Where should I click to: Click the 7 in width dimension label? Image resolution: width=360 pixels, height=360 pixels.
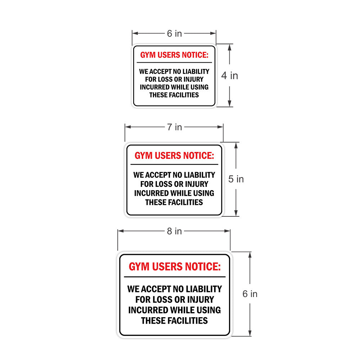point(175,127)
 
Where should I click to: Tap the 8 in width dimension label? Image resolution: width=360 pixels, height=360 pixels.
point(175,231)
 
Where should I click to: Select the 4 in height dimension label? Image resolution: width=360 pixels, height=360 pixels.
point(230,76)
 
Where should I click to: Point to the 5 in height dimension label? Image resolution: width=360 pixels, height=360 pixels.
point(236,179)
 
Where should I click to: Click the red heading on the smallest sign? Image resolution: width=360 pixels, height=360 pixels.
point(174,55)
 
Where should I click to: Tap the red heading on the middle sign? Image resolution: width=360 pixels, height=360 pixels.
point(174,156)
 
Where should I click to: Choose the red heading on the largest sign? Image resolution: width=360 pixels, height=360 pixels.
point(175,266)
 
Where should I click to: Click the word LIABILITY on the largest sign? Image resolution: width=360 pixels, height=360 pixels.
point(204,289)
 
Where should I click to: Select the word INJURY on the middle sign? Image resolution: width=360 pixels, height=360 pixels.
point(197,184)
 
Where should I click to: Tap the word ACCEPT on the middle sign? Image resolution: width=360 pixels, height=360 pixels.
point(158,175)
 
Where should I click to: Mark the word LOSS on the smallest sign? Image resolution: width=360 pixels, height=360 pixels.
point(165,79)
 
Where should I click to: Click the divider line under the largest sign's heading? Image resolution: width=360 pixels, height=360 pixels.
point(175,277)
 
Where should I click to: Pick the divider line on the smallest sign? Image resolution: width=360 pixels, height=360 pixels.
point(174,62)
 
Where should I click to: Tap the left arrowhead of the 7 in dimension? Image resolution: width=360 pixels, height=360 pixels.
point(128,127)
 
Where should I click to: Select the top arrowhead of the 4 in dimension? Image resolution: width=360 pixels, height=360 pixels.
point(230,47)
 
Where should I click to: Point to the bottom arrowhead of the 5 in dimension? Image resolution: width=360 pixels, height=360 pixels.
point(236,213)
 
